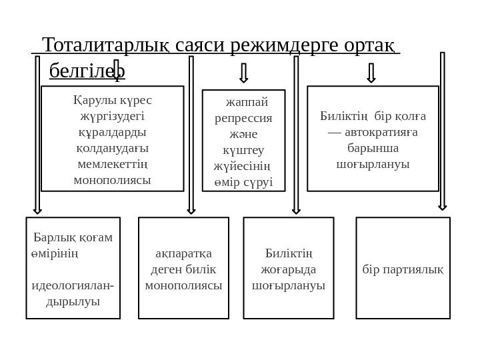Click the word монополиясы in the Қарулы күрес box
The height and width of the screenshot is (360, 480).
click(x=112, y=179)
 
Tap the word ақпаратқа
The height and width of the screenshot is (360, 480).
click(x=183, y=254)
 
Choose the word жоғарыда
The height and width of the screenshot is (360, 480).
click(x=289, y=270)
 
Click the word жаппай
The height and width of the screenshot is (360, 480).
click(x=245, y=103)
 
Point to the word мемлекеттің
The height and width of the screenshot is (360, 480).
click(x=112, y=163)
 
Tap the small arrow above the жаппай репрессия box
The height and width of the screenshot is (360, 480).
click(x=244, y=72)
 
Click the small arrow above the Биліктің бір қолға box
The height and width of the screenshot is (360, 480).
click(x=371, y=72)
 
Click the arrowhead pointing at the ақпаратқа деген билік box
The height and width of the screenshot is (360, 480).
click(x=191, y=209)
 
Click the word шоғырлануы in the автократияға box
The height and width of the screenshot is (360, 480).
click(x=373, y=163)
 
